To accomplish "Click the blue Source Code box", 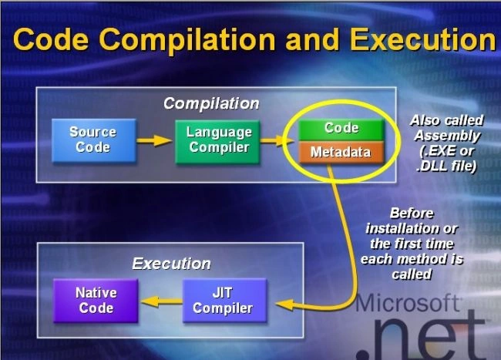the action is pos(94,140).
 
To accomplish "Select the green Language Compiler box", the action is pos(217,142).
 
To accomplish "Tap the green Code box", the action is pos(341,130).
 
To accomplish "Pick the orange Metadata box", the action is pos(341,152).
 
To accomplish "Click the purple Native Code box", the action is pos(96,301).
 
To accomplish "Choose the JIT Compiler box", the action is pos(224,301).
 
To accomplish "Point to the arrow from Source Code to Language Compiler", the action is pos(154,140).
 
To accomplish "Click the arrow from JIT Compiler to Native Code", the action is pos(161,301).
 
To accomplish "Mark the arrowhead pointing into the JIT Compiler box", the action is pos(284,304).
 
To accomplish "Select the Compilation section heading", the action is pos(211,103).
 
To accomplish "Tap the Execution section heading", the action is pos(171,264).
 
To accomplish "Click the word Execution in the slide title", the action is pos(423,39).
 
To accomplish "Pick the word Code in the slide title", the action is pos(51,39).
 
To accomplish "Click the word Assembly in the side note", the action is pos(447,136).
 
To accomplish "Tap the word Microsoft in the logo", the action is pos(408,302).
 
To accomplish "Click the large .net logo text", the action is pos(421,336).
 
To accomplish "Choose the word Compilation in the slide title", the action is pos(187,40).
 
